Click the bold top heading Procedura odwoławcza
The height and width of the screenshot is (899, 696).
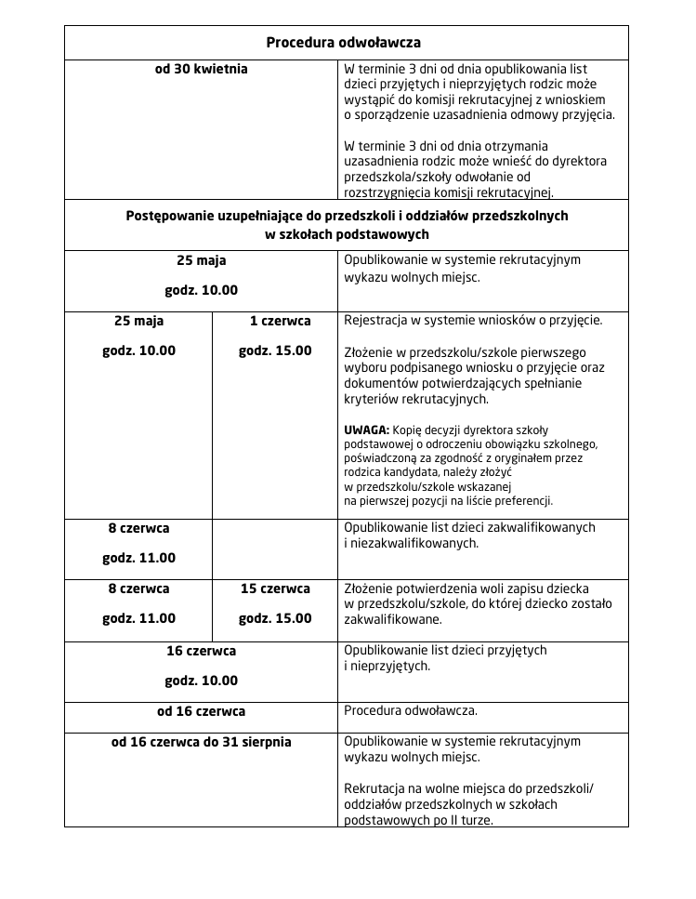(344, 43)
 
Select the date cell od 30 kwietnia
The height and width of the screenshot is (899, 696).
(201, 69)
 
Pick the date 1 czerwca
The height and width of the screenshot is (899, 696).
(280, 321)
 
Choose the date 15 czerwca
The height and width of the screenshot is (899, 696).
(275, 588)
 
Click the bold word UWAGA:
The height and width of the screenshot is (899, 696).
(366, 430)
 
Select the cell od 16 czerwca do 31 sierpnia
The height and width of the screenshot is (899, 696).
(201, 742)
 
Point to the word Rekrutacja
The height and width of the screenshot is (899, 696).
(376, 788)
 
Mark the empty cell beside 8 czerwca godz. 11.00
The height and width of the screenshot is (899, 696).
(274, 549)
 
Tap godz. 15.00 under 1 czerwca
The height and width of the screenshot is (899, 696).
(275, 350)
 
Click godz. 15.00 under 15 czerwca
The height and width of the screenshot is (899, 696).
(275, 618)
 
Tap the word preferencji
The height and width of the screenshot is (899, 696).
(524, 500)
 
